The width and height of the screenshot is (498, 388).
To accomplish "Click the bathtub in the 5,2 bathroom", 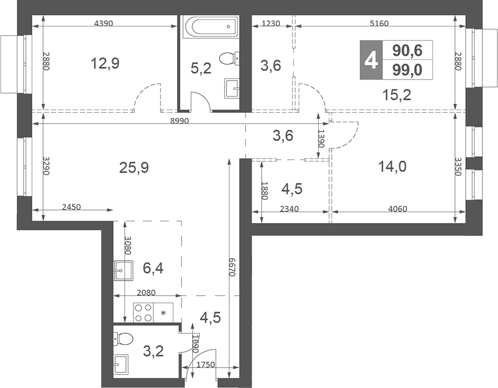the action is coord(211,27).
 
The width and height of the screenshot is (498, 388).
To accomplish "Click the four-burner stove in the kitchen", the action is coord(143,313).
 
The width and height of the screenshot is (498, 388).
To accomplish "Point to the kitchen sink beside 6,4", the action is coord(123,270).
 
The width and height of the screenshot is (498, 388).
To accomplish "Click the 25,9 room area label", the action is coord(134,167).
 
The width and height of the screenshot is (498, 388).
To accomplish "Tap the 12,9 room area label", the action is coord(105,63).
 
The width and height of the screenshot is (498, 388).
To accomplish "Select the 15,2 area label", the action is coord(397,95).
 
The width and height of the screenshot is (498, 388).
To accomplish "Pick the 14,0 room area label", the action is coord(392,166).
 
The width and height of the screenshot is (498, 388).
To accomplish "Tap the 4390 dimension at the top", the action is coord(104,23).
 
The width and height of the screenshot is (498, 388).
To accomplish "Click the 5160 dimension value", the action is coord(379,23).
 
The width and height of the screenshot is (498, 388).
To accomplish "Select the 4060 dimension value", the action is coord(397,209).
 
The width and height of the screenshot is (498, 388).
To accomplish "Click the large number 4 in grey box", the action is coord(371,60).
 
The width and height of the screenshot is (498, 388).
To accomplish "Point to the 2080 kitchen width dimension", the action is coord(146,292).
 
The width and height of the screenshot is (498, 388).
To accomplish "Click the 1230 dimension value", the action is coord(271,23).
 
